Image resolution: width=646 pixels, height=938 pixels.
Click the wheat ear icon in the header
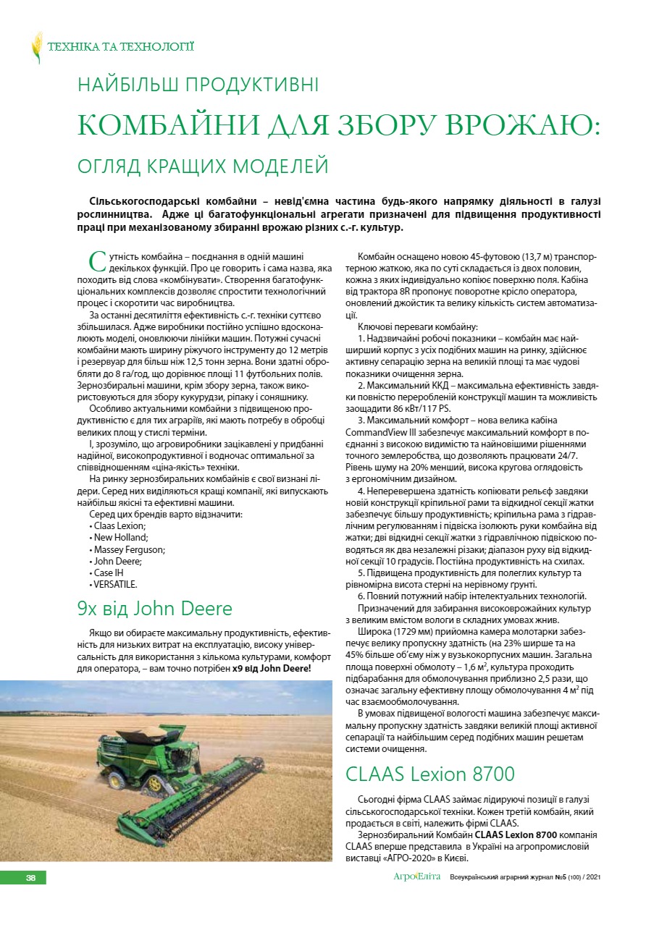37,48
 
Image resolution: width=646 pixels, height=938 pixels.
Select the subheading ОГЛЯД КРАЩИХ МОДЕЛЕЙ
203,166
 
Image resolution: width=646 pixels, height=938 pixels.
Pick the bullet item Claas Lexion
119,526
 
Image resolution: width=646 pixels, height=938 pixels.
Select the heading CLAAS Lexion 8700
430,774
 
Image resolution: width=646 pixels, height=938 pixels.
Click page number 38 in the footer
31,878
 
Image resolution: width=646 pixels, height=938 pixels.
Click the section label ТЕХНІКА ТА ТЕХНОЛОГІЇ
120,48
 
